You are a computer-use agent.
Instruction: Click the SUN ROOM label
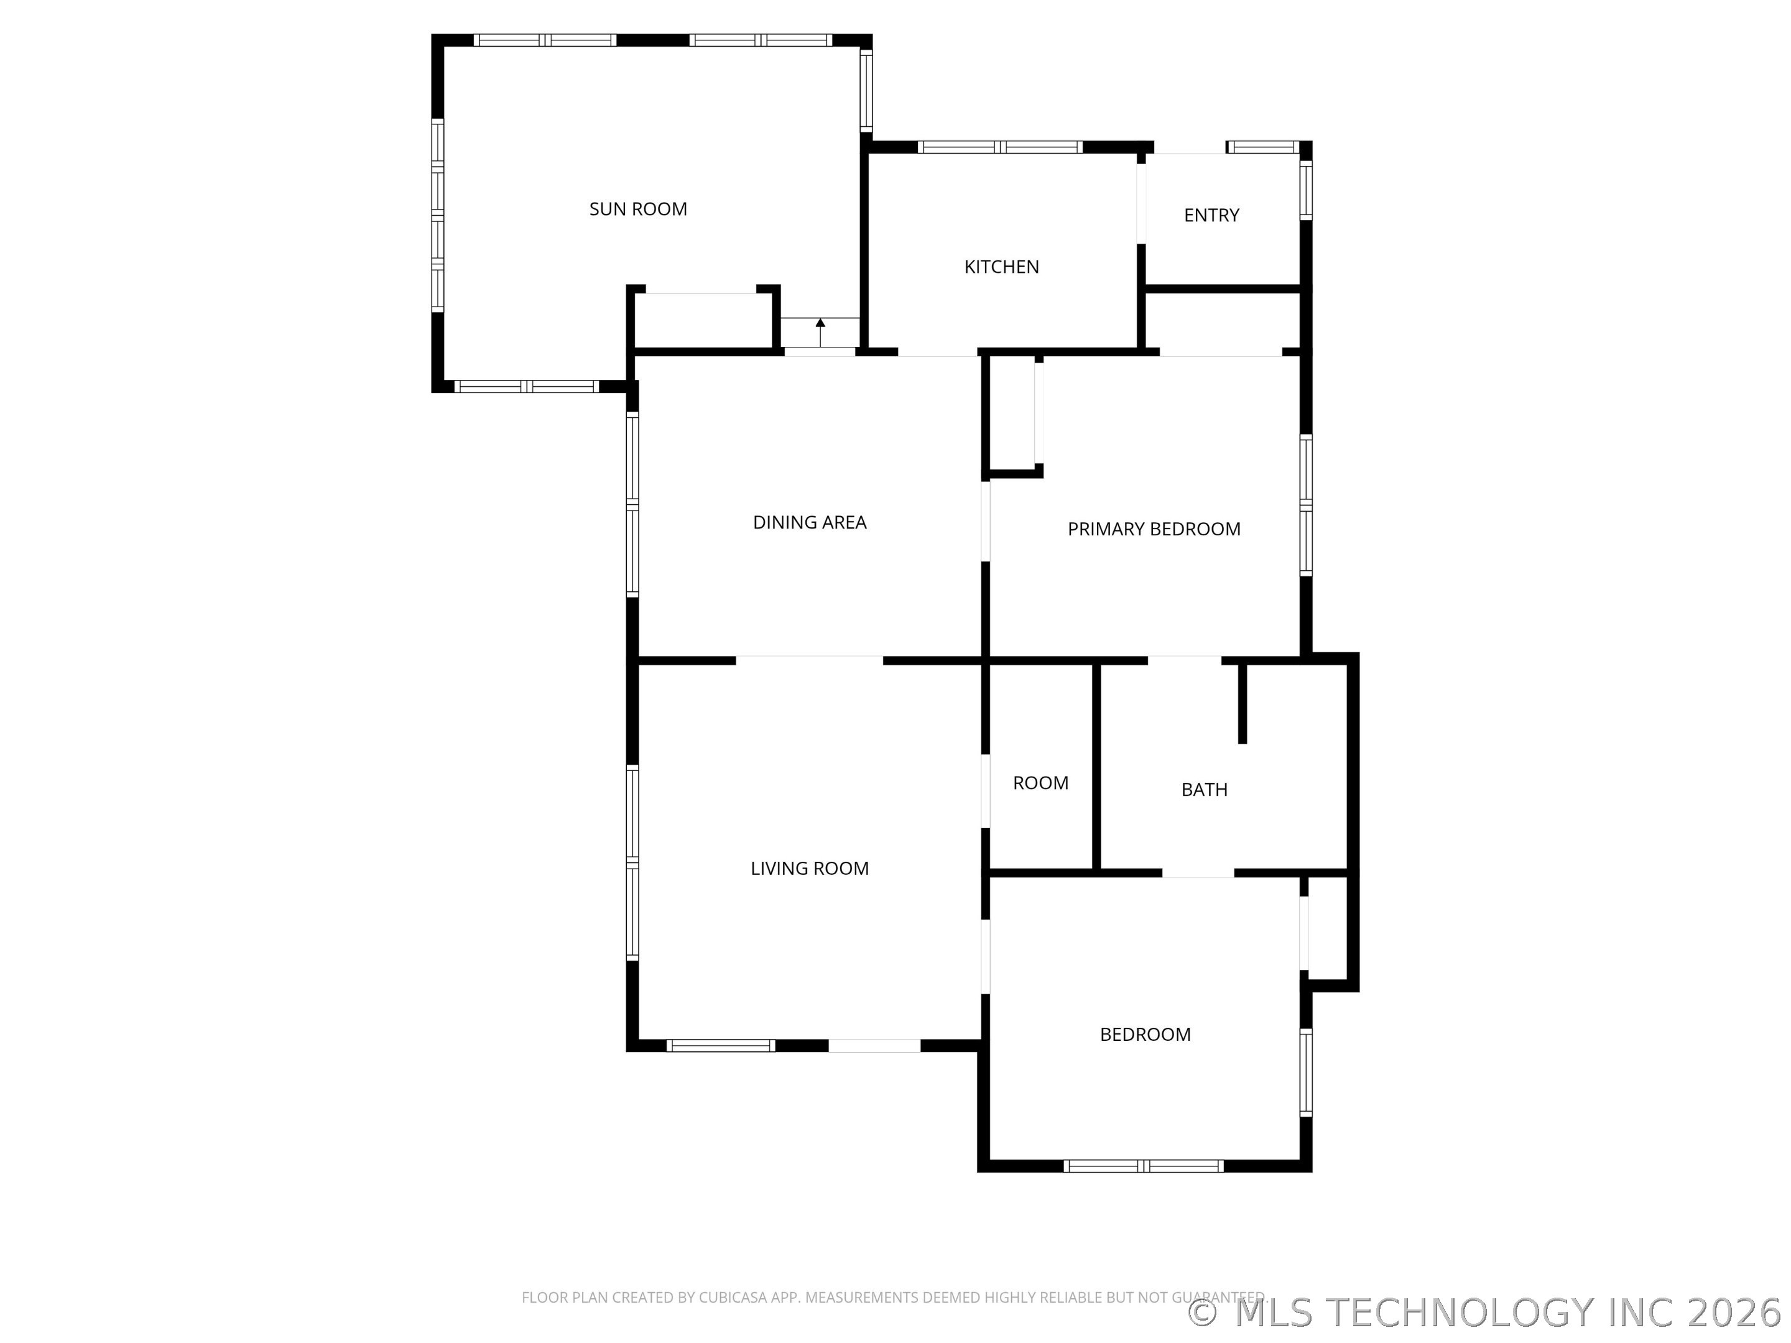638,209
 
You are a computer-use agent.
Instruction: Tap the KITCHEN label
1002,266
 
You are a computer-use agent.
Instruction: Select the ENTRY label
1211,215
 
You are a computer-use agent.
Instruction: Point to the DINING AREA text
810,522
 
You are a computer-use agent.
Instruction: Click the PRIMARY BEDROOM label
1154,528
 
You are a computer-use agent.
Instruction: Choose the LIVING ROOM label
810,868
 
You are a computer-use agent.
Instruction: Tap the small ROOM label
1040,783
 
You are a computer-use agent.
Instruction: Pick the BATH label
1204,789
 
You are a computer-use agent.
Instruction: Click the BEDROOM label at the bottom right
1145,1034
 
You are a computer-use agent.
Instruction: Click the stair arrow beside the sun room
820,332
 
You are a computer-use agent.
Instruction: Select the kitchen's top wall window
1000,147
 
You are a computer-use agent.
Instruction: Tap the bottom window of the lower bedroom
1143,1166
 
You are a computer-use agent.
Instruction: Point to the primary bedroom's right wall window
1306,505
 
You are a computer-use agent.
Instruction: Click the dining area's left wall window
632,504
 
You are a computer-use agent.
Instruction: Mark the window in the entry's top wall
1262,147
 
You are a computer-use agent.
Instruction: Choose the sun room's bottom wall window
526,386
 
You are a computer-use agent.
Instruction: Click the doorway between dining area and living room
810,660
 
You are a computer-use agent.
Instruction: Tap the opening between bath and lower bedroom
1198,873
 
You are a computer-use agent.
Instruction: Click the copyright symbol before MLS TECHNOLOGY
1202,1313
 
